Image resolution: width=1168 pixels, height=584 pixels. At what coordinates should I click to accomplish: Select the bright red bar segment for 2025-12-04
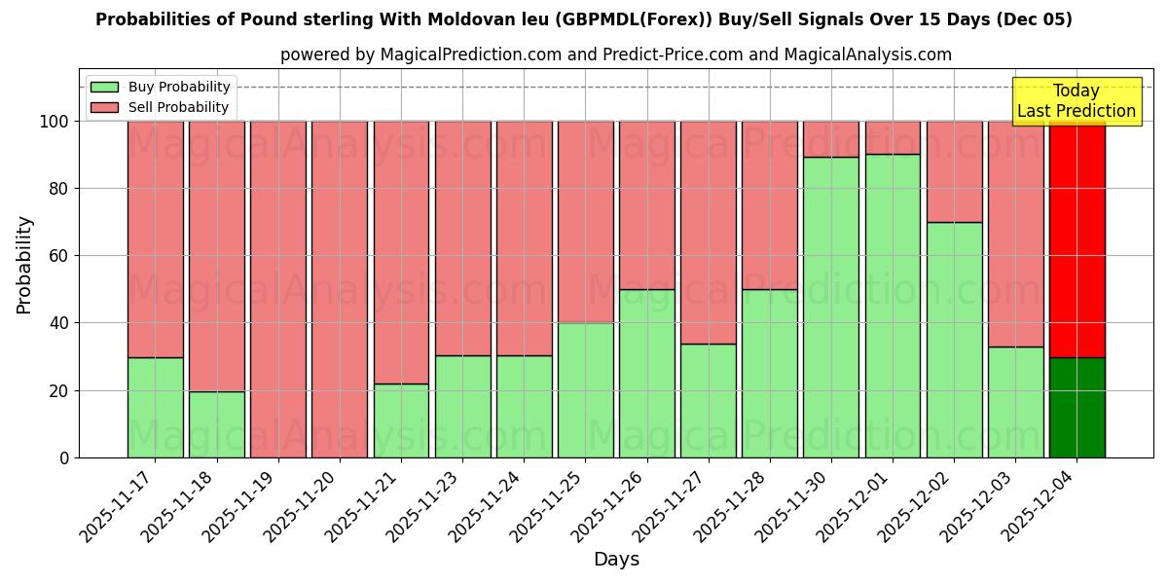[1077, 238]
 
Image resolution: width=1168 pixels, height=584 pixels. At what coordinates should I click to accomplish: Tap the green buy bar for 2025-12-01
[893, 306]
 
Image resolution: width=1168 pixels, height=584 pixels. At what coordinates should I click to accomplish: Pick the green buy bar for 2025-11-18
[216, 424]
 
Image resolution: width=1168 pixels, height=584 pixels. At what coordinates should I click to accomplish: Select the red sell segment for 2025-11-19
[278, 289]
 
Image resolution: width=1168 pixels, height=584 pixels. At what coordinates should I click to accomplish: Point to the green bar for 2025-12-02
[954, 340]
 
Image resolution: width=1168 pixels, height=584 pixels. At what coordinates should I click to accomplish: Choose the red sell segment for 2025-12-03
[1015, 234]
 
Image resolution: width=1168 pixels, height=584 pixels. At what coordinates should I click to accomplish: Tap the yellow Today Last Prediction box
[1076, 101]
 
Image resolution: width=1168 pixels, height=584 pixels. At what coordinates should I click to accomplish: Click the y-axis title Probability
[24, 264]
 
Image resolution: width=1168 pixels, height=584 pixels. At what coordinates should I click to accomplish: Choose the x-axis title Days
[616, 560]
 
